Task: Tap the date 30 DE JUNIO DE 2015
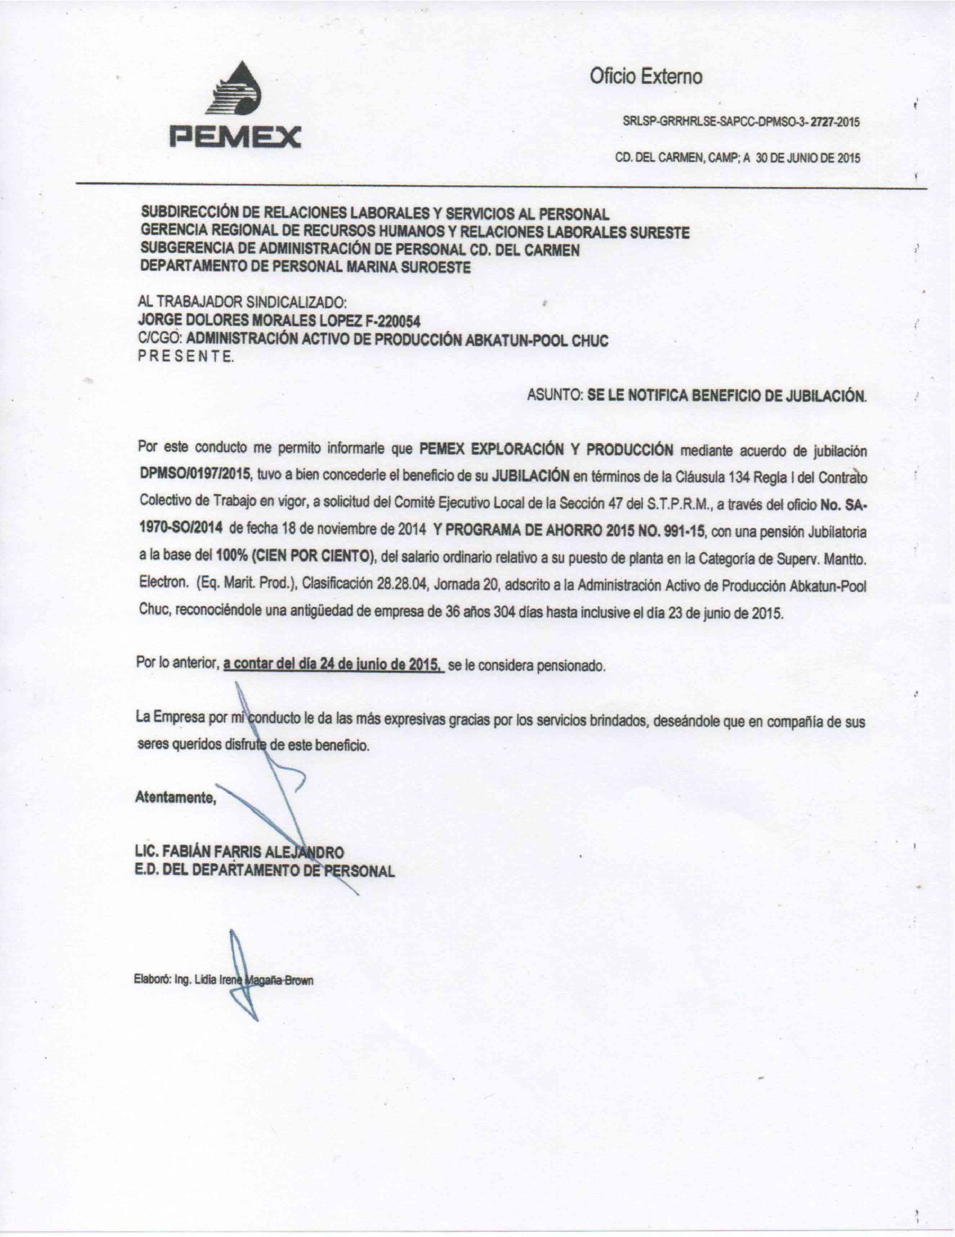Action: [x=807, y=159]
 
